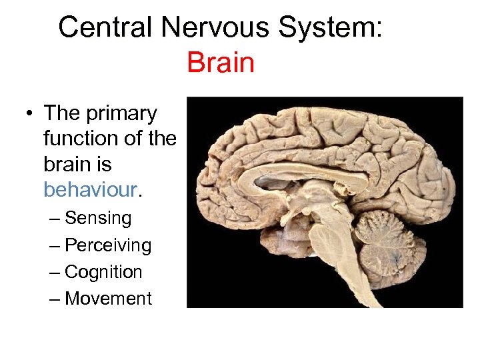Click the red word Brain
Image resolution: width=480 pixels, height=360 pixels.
pos(221,63)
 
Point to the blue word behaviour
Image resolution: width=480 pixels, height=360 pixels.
pos(90,189)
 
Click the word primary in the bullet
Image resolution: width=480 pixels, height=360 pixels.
pos(121,113)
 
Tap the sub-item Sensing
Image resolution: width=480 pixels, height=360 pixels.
pos(98,218)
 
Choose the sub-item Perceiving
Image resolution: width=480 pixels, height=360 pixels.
pos(108,245)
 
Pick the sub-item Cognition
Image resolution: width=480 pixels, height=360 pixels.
pos(103,272)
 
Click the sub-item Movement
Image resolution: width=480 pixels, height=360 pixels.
pos(108,299)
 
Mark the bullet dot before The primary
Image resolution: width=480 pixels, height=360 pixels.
pos(31,113)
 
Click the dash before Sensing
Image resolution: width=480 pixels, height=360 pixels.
pos(55,218)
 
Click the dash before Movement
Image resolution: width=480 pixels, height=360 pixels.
pos(55,299)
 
